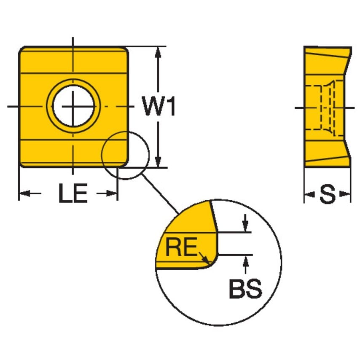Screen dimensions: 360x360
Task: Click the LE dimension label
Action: (73, 194)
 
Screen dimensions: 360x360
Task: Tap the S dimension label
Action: (327, 194)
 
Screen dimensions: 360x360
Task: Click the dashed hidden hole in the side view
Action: (320, 107)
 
